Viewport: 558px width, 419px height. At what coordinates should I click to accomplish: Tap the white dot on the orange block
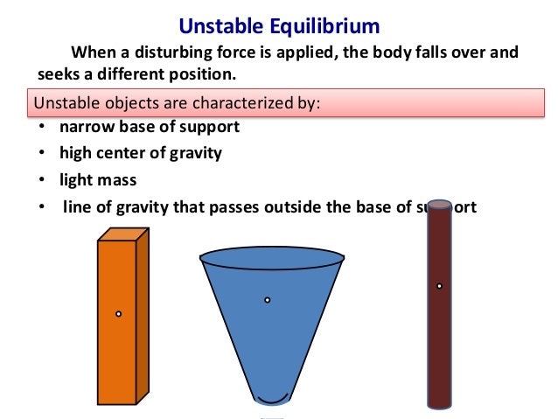coord(118,313)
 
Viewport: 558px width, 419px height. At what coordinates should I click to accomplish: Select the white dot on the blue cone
coord(268,300)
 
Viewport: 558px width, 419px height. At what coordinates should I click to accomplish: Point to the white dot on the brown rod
coord(439,286)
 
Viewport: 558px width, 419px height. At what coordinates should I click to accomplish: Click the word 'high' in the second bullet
coord(74,154)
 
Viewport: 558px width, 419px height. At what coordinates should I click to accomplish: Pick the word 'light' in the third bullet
coord(75,180)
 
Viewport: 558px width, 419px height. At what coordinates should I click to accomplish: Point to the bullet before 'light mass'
coord(43,181)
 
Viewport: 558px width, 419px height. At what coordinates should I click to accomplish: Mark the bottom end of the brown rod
coord(439,404)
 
